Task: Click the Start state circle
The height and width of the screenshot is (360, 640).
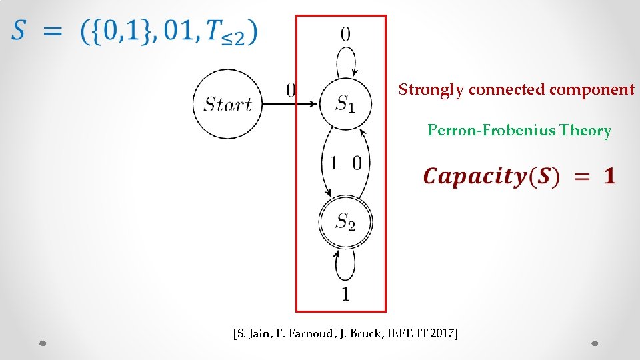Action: pyautogui.click(x=227, y=104)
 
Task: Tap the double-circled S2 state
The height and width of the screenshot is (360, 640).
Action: pyautogui.click(x=345, y=221)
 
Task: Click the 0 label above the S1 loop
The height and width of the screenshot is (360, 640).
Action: pyautogui.click(x=345, y=33)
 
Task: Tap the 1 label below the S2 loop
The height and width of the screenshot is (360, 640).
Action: pyautogui.click(x=345, y=293)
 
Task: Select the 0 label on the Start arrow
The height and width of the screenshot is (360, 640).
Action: pyautogui.click(x=291, y=90)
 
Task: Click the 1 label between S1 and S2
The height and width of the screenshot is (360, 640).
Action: pyautogui.click(x=334, y=163)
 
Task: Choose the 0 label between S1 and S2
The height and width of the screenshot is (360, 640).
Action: pyautogui.click(x=357, y=163)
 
